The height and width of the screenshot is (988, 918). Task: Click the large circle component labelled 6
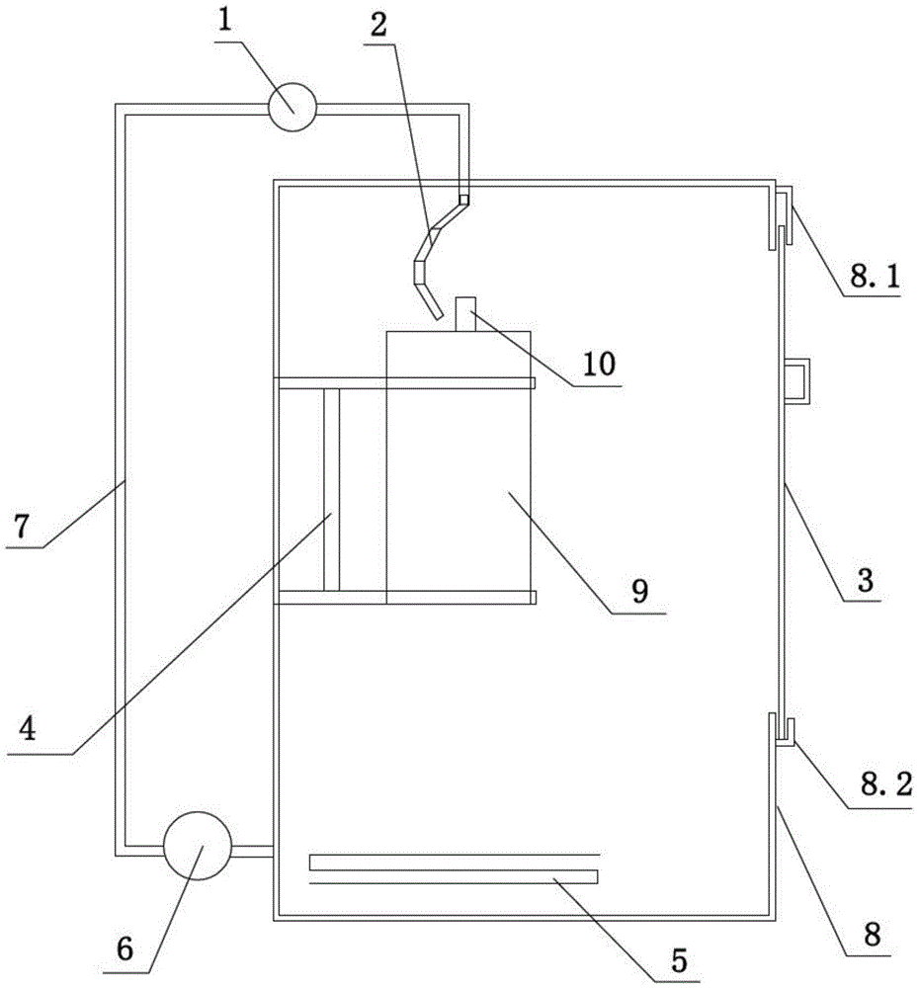point(197,846)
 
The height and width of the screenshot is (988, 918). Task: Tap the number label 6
point(125,948)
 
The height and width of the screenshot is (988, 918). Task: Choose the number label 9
point(639,592)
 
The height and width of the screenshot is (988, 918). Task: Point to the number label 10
point(599,365)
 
